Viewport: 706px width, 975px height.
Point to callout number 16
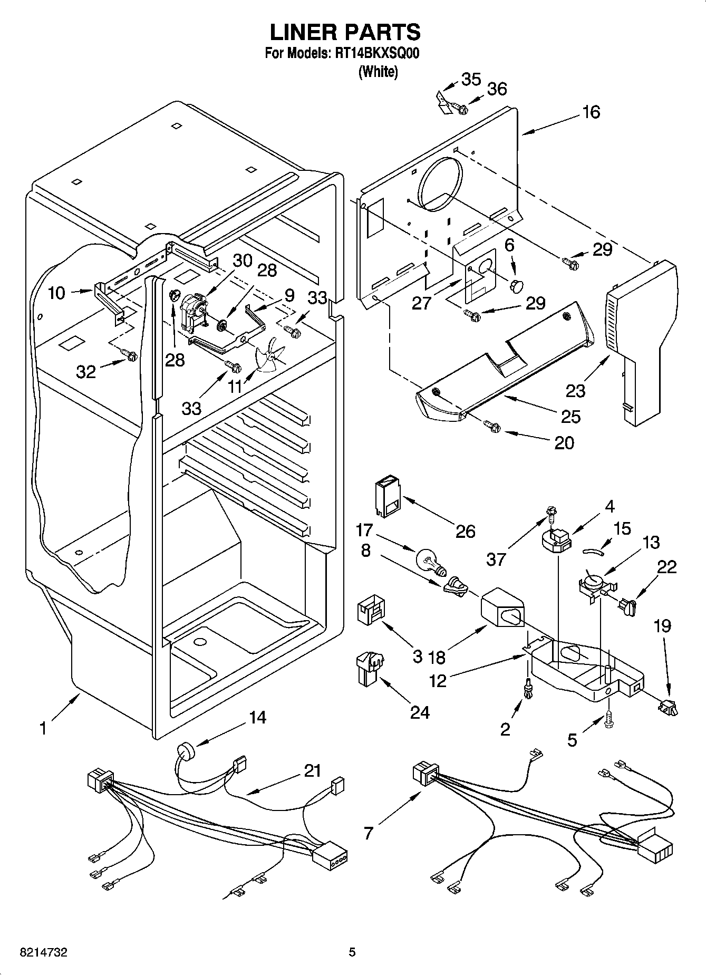(x=591, y=112)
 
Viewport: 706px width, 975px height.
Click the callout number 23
(x=576, y=391)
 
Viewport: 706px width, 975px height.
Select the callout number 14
(x=257, y=718)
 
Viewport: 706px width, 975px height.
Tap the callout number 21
(x=312, y=771)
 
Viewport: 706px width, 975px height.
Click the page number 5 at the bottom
(x=352, y=952)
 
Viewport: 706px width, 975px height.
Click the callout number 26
(x=465, y=531)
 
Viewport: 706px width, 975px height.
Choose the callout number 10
(x=56, y=293)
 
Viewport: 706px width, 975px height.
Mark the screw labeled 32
(x=130, y=356)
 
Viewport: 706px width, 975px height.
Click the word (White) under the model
(x=378, y=72)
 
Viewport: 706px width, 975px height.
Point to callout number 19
(x=662, y=626)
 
